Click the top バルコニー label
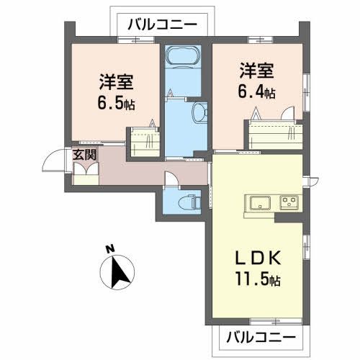point(162,24)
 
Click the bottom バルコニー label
point(261,336)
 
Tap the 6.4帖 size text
point(256,94)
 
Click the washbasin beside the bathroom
point(200,112)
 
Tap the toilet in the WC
point(189,200)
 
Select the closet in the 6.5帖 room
point(143,142)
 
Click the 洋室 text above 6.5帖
point(115,81)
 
